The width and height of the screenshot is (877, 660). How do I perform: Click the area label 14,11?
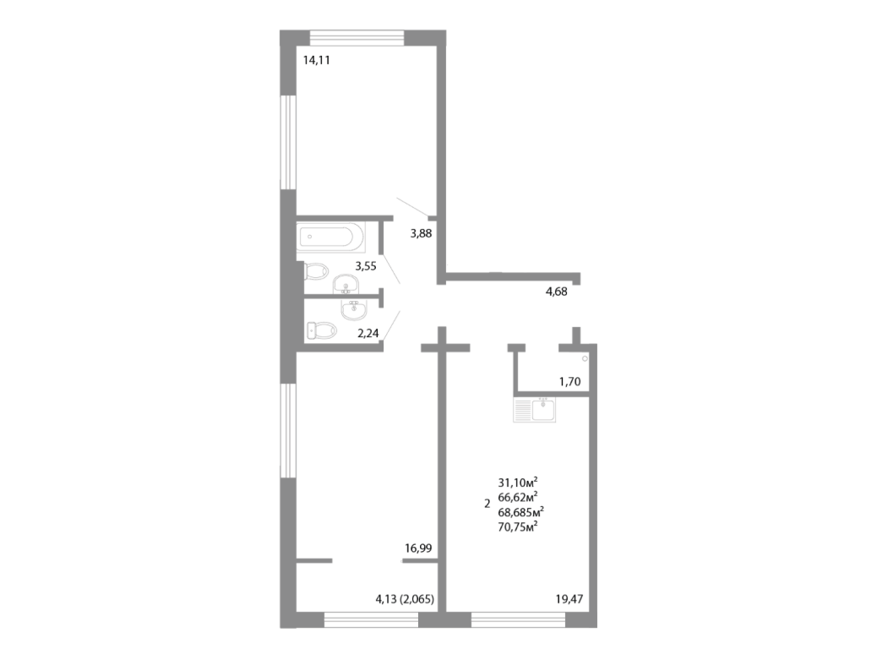[x=316, y=59]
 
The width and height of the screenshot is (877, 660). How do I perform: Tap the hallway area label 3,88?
[x=422, y=234]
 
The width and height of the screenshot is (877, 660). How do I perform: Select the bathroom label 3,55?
[x=366, y=265]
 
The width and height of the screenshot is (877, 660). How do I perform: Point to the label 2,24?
[x=368, y=333]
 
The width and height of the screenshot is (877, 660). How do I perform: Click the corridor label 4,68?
[x=556, y=292]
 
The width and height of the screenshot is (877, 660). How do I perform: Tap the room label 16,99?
[x=418, y=548]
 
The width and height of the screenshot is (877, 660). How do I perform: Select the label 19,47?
[x=569, y=599]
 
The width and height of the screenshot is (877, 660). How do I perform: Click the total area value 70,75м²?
[x=519, y=526]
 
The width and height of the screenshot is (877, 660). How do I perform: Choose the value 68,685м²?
[x=520, y=511]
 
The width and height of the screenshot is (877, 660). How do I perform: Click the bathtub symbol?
[x=330, y=237]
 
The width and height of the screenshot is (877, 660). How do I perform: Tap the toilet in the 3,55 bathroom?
[x=316, y=271]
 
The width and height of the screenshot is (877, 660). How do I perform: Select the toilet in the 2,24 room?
[x=320, y=330]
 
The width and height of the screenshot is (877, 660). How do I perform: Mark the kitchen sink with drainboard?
[x=535, y=411]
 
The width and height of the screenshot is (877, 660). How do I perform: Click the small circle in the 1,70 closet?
[x=585, y=359]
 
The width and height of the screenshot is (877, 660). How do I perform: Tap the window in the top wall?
[x=357, y=37]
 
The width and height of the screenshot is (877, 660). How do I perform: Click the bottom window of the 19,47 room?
[x=517, y=620]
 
